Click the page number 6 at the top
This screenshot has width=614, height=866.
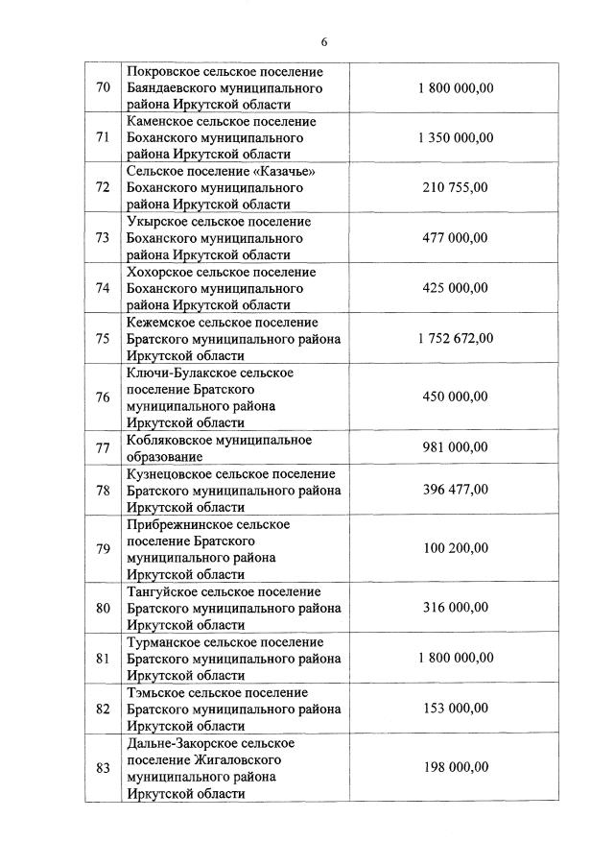click(x=324, y=41)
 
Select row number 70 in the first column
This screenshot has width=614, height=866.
click(x=103, y=88)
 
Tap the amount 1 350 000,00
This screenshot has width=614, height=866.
click(x=455, y=137)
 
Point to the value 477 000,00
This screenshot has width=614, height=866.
click(x=455, y=238)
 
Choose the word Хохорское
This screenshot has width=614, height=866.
click(x=161, y=272)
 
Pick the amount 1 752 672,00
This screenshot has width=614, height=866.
click(x=455, y=338)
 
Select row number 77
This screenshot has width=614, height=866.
click(x=103, y=447)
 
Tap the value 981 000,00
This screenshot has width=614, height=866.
click(x=455, y=447)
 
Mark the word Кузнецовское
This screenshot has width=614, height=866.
click(x=169, y=473)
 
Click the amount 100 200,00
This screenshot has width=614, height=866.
click(x=455, y=548)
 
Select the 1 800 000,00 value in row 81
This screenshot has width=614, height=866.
click(x=455, y=658)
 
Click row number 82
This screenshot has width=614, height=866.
click(x=103, y=709)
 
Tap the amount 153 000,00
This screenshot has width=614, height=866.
click(x=455, y=709)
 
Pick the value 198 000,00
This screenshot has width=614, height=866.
click(x=455, y=767)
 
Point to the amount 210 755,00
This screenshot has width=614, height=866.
click(x=455, y=187)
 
